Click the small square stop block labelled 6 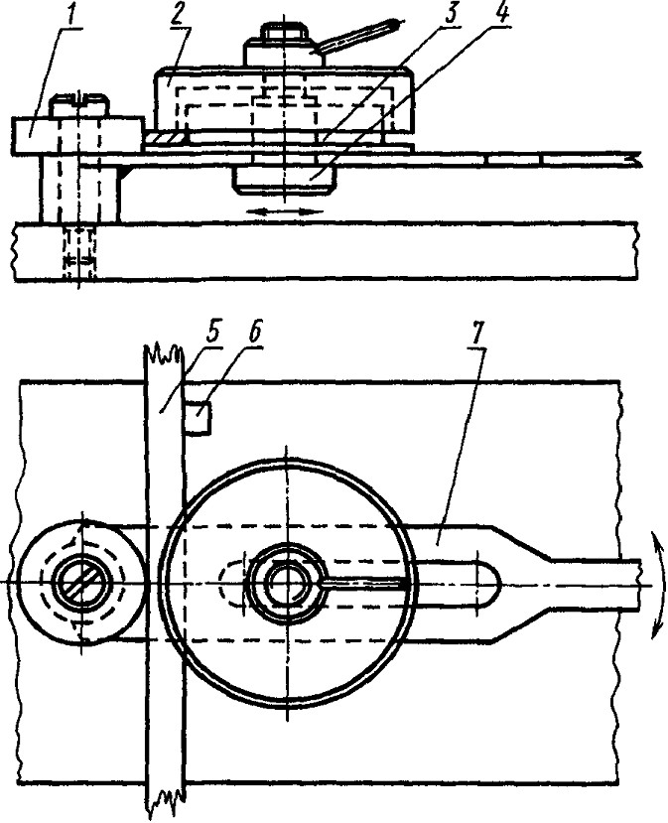(x=199, y=417)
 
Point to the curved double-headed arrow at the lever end (x=657, y=585)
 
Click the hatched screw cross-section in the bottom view (x=83, y=582)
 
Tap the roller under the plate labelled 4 (x=285, y=181)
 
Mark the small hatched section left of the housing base (x=166, y=138)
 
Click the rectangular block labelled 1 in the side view (x=77, y=135)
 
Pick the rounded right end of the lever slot (x=489, y=582)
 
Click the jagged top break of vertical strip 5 (x=163, y=352)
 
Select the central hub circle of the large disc (x=286, y=583)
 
